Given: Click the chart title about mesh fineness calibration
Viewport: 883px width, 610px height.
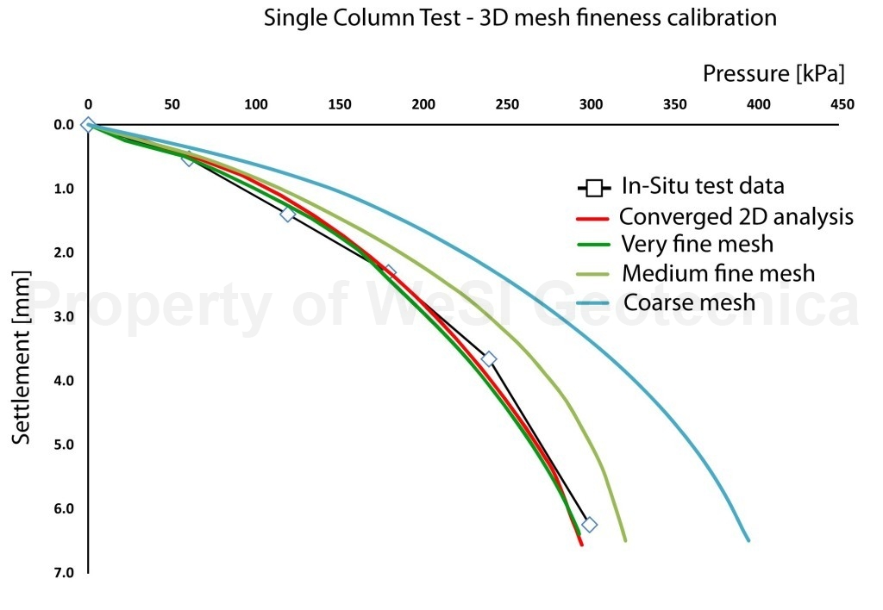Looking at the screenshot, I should (520, 17).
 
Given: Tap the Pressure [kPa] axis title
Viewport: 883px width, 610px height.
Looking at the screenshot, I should (773, 74).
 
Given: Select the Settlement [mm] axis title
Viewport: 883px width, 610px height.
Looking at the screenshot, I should (22, 358).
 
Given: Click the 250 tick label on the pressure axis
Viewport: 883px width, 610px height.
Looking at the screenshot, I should (507, 105).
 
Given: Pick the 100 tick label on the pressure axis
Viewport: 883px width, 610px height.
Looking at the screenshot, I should (256, 105).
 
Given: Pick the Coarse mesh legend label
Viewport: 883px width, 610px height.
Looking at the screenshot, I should (689, 302).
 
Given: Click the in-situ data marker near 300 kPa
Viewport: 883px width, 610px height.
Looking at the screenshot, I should (589, 525).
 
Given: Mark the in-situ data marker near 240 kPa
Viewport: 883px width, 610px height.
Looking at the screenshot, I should (489, 358).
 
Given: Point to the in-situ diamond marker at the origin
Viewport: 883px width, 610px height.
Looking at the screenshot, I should (87, 125).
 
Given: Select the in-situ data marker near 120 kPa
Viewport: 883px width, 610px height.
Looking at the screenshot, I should (288, 214).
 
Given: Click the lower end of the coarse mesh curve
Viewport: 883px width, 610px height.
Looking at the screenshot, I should (748, 540).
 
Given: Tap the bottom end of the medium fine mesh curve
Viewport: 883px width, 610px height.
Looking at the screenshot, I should (625, 540).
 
